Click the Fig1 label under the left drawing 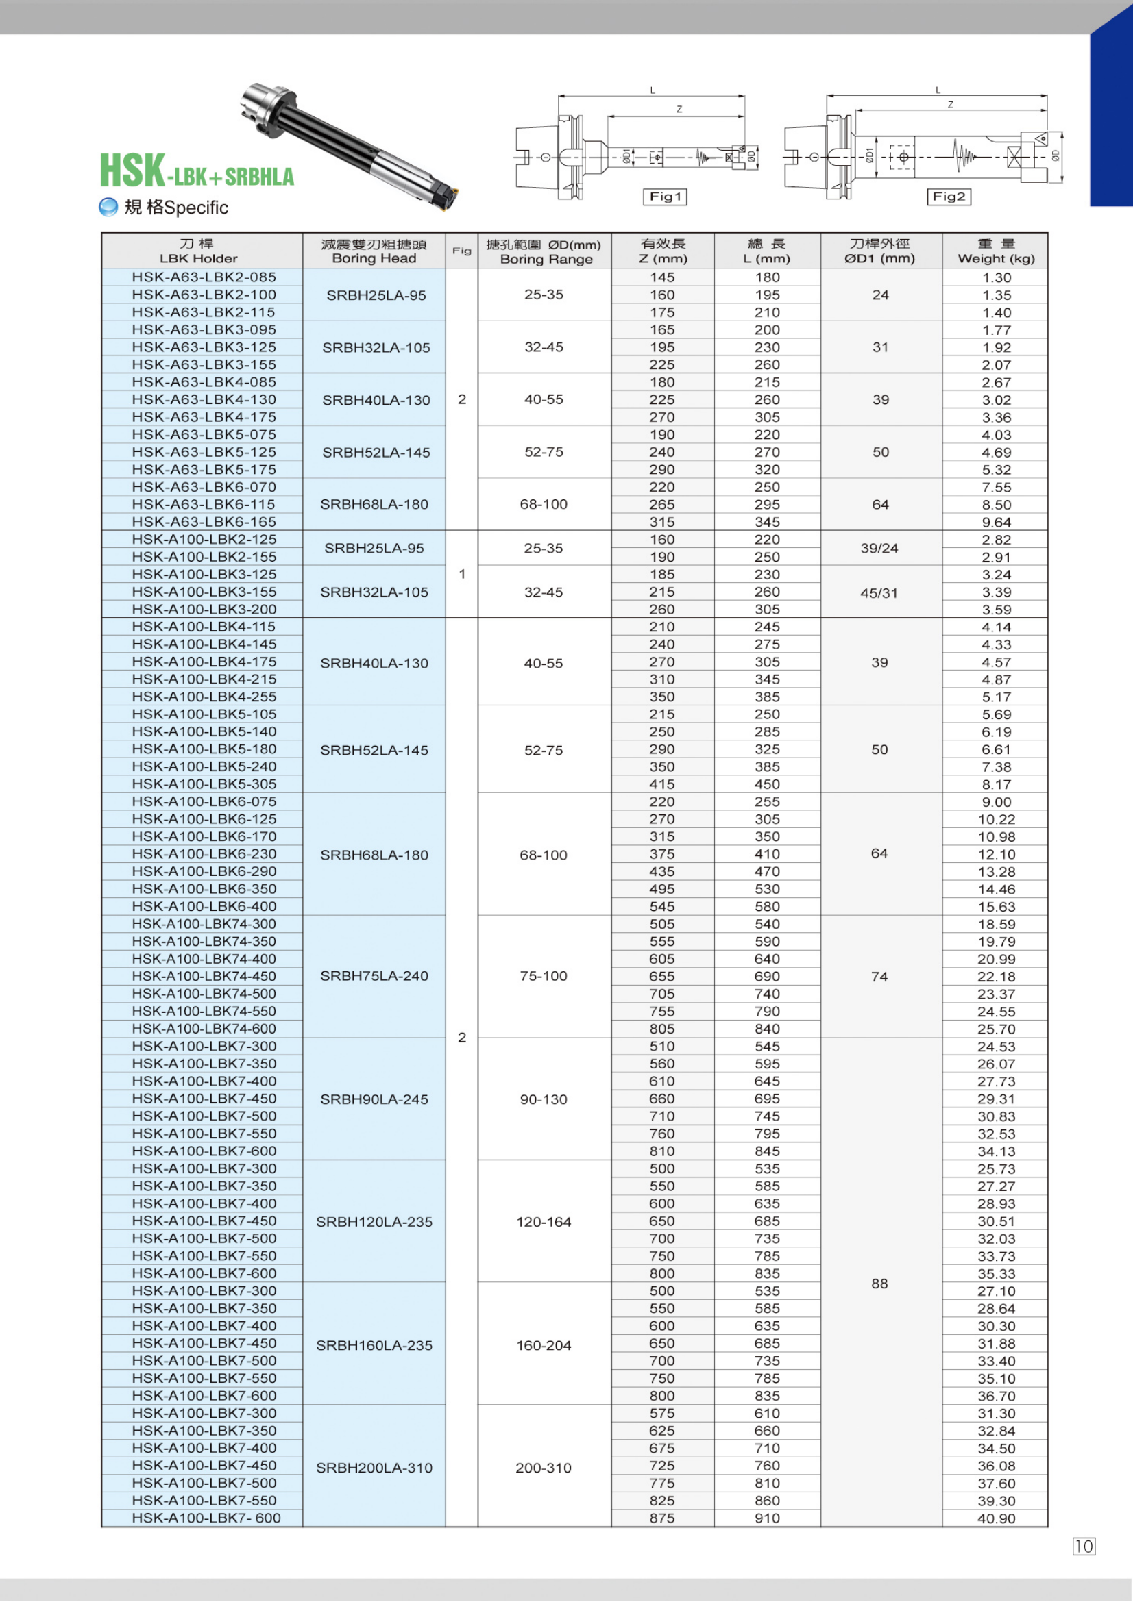click(665, 197)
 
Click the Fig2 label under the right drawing click(949, 197)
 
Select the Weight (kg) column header click(995, 251)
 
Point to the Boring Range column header click(544, 251)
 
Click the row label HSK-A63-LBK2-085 click(204, 277)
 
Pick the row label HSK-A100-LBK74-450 click(204, 976)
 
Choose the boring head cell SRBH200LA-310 click(374, 1467)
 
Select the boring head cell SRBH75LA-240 click(374, 976)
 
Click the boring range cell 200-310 click(544, 1467)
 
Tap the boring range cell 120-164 click(544, 1222)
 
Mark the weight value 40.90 click(996, 1518)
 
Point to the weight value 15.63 click(996, 906)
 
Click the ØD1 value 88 click(879, 1283)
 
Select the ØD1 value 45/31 click(879, 592)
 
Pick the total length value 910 click(766, 1518)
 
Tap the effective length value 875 click(662, 1518)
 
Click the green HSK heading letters click(133, 171)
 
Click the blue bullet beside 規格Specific click(108, 207)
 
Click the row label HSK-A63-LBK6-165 click(204, 522)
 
